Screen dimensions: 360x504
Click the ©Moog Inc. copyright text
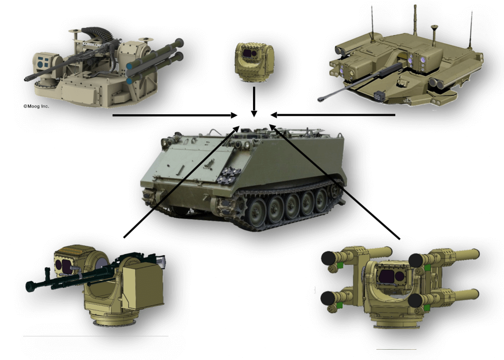[x=36, y=106]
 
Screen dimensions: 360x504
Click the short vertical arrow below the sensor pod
[x=253, y=101]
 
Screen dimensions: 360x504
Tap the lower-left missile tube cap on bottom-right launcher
[x=327, y=297]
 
